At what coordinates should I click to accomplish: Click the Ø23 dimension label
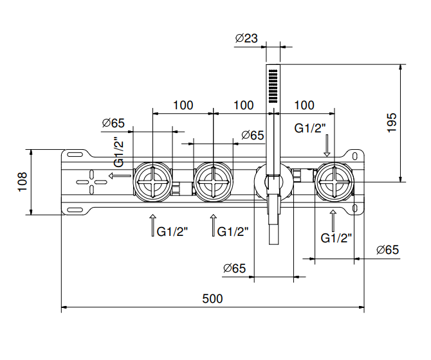tap(246, 39)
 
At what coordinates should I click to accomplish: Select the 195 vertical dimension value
tap(392, 122)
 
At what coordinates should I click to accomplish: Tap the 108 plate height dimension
tap(22, 182)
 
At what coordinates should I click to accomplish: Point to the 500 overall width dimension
tap(212, 298)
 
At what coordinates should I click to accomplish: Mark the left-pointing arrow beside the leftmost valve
tap(118, 175)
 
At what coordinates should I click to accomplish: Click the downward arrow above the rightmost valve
tap(327, 146)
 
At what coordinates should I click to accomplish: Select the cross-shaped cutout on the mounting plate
tap(91, 182)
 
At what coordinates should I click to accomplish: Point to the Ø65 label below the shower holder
tap(235, 268)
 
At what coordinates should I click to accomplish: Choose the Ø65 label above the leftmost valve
tap(113, 123)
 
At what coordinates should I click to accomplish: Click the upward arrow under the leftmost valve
tap(152, 226)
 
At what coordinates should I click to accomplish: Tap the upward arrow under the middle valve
tap(213, 226)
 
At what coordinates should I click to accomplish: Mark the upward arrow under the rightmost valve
tap(333, 221)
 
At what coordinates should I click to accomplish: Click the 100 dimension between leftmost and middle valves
tap(183, 105)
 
